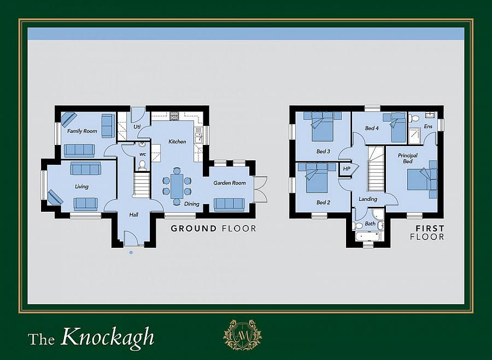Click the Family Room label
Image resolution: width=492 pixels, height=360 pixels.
(82, 131)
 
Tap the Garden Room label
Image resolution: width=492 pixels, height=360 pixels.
(230, 183)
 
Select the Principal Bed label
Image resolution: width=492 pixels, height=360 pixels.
(408, 159)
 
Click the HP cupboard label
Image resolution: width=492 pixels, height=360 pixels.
(346, 169)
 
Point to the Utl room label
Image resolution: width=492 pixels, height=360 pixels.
(137, 127)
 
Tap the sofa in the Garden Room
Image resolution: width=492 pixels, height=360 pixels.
(230, 204)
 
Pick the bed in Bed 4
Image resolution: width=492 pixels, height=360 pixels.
(397, 129)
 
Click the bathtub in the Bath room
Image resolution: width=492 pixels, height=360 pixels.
(368, 236)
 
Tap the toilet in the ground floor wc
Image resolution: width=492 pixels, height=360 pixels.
(143, 165)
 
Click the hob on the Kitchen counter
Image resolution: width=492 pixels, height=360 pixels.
(175, 116)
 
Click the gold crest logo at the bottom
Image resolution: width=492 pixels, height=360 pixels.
(242, 335)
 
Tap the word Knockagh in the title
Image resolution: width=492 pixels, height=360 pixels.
(108, 337)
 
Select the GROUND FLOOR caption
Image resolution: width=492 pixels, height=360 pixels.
(213, 228)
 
